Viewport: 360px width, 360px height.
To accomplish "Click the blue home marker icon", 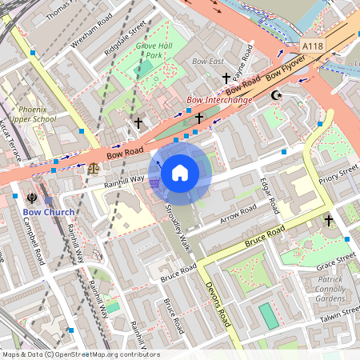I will pos(180,171).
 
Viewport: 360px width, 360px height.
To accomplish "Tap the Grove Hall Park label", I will pos(154,51).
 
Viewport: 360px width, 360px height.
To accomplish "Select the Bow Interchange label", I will pos(219,100).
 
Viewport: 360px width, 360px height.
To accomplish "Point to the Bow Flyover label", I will pos(286,66).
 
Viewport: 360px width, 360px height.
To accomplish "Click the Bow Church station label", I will pos(48,212).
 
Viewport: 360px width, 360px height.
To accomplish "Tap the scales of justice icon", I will pos(95,168).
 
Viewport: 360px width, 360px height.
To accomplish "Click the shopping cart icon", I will pos(154,183).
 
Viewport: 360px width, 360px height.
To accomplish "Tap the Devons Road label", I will pos(218,305).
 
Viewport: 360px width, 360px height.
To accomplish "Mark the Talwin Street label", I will pos(339,315).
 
